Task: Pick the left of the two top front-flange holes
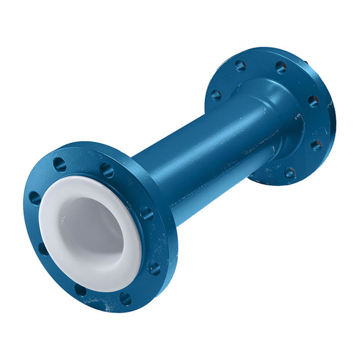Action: [59, 165]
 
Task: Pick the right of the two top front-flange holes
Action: [106, 170]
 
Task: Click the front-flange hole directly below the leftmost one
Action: [44, 250]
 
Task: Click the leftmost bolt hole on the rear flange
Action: [216, 95]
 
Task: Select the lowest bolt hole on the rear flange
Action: [289, 172]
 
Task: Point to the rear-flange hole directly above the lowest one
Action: [316, 144]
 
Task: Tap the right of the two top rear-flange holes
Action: [280, 67]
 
